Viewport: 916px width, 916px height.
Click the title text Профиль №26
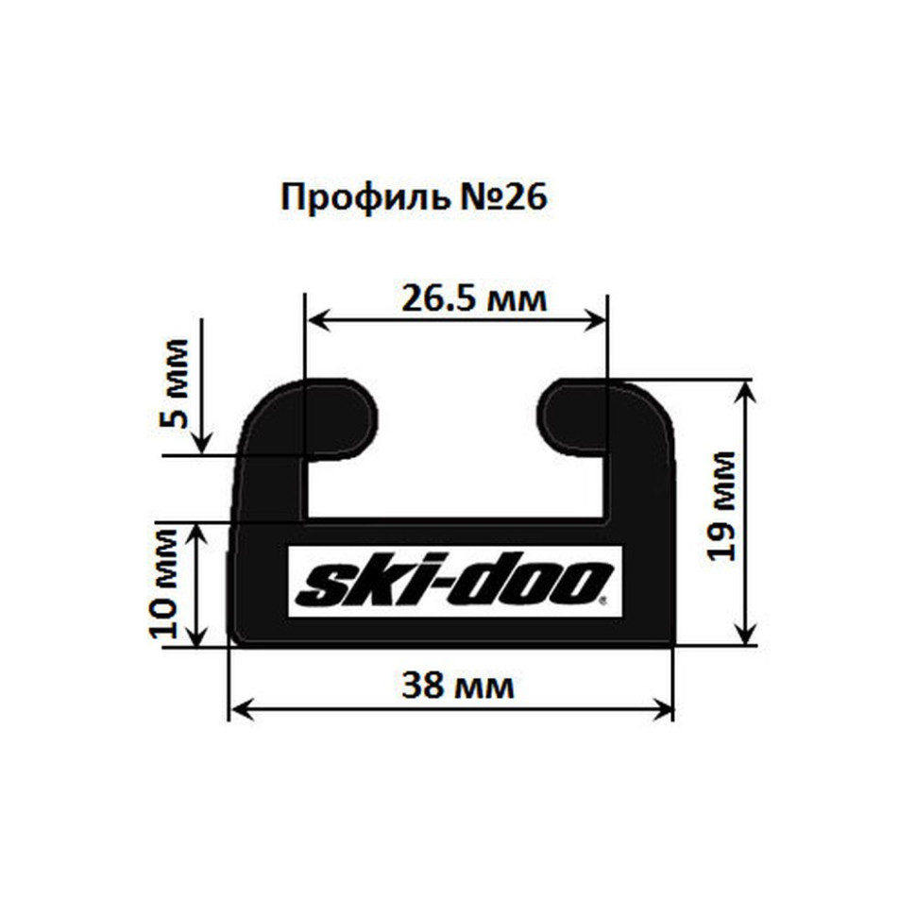414,197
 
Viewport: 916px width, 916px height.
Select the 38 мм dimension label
458,686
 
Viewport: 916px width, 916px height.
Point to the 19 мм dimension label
722,505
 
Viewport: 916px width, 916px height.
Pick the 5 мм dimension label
174,383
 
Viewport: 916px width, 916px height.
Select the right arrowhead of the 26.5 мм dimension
597,321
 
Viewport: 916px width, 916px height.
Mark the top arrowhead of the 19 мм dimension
748,390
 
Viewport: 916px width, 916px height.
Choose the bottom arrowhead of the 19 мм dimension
748,635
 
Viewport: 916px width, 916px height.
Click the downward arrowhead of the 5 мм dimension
201,445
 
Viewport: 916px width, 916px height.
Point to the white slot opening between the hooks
457,453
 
